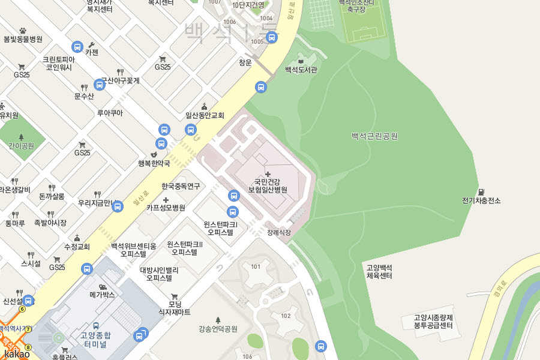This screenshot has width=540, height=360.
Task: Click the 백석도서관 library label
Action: click(x=301, y=70)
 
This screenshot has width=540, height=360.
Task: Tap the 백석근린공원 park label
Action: click(x=374, y=136)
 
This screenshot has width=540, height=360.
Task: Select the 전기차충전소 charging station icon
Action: click(x=481, y=191)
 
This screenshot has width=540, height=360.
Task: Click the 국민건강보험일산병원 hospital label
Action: click(x=268, y=185)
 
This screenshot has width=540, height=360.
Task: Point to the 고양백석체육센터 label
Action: click(x=379, y=272)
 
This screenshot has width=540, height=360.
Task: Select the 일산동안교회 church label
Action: click(x=205, y=115)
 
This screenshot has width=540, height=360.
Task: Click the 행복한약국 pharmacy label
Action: click(x=154, y=163)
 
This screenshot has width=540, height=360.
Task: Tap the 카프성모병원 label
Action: click(x=166, y=208)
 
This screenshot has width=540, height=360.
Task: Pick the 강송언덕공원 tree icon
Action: click(x=218, y=320)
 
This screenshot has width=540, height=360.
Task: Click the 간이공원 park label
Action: click(x=22, y=146)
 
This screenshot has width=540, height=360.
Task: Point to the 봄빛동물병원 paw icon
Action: click(x=23, y=30)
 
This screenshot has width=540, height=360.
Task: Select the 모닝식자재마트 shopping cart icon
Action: click(x=174, y=296)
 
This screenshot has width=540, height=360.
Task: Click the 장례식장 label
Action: click(x=279, y=232)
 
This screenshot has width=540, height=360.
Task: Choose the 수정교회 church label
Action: click(x=77, y=247)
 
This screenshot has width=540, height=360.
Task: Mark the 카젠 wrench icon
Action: click(x=91, y=44)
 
